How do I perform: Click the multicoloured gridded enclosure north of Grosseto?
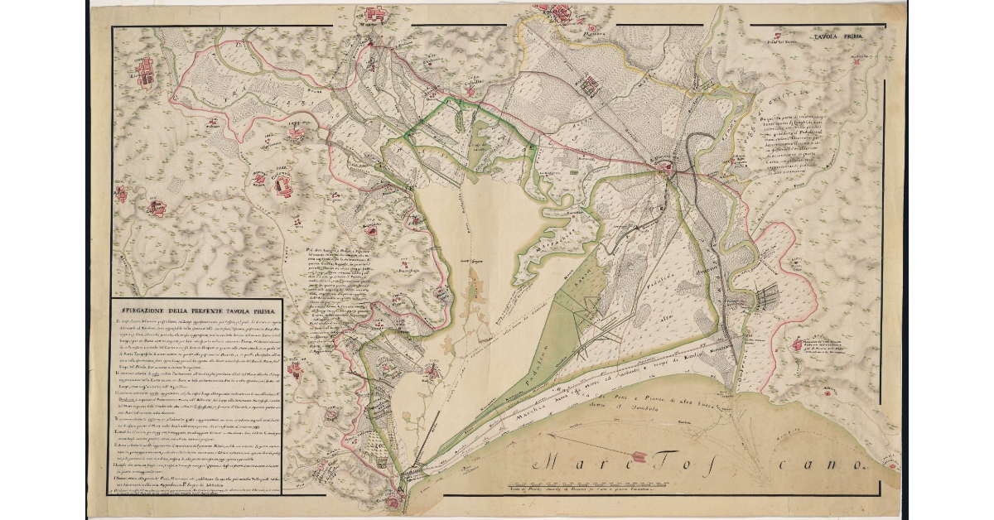(x=590, y=84)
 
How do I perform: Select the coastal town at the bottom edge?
(x=393, y=499)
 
